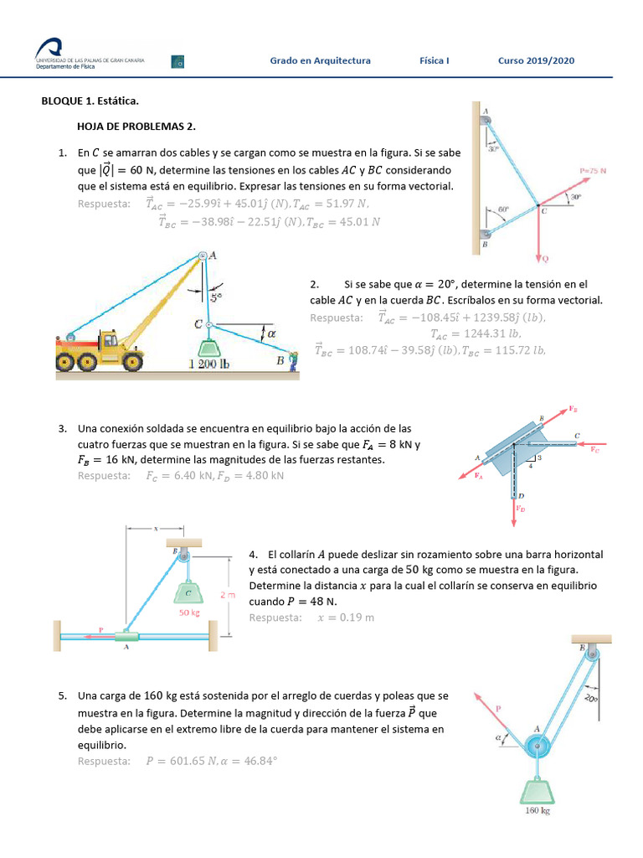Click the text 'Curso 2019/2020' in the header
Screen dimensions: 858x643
pyautogui.click(x=536, y=60)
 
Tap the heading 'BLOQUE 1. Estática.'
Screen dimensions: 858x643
pyautogui.click(x=90, y=101)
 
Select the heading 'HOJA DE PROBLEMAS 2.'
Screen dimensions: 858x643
pyautogui.click(x=136, y=127)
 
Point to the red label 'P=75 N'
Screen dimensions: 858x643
pyautogui.click(x=593, y=170)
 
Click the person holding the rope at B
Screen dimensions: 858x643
pyautogui.click(x=293, y=361)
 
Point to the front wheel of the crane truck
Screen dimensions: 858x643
pyautogui.click(x=131, y=361)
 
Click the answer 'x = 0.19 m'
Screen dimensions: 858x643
pyautogui.click(x=345, y=618)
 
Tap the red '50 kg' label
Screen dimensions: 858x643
pyautogui.click(x=190, y=612)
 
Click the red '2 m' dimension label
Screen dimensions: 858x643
pyautogui.click(x=227, y=594)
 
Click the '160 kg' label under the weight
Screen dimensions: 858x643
pyautogui.click(x=537, y=810)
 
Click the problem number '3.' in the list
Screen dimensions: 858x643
pyautogui.click(x=63, y=428)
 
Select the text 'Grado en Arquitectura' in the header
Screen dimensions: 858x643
pyautogui.click(x=320, y=60)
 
